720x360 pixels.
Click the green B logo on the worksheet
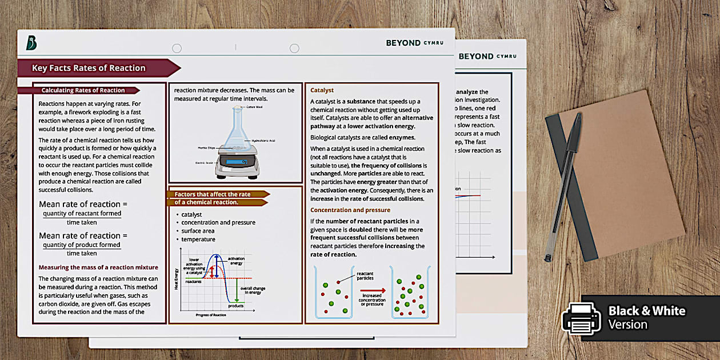[x=32, y=42]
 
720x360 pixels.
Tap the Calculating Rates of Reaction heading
[x=83, y=90]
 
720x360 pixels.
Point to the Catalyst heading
[x=322, y=90]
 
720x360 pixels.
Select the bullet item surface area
[x=198, y=231]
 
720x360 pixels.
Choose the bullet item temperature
[x=198, y=239]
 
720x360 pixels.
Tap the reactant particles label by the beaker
[x=365, y=275]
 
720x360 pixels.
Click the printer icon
[x=581, y=318]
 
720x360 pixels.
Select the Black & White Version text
[x=646, y=318]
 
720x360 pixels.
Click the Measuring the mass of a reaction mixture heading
[x=98, y=267]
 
